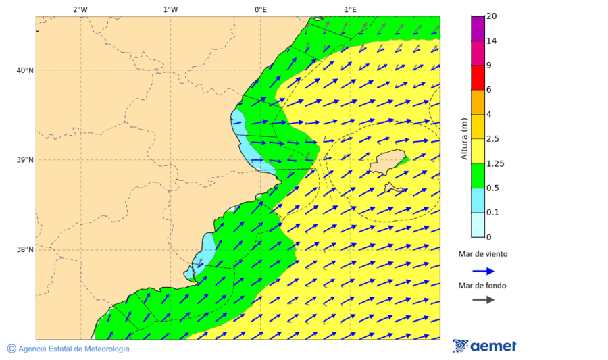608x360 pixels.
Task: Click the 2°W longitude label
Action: tap(80, 9)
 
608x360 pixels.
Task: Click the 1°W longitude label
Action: tap(170, 9)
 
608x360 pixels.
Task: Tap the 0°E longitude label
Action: tap(260, 9)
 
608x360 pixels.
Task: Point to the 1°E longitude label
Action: tap(350, 9)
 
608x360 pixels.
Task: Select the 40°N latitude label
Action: tap(24, 70)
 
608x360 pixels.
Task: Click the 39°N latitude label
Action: tap(24, 160)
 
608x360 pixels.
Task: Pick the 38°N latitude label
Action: tap(24, 250)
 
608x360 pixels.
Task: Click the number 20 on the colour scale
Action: tap(491, 17)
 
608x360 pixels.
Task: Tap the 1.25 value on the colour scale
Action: tap(495, 163)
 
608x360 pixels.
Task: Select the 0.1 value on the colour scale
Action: tap(492, 213)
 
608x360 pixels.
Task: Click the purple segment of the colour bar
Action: tap(478, 28)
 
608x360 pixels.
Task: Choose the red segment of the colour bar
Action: tap(478, 78)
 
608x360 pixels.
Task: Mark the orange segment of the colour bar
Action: tap(478, 102)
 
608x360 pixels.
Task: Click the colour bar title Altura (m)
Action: tap(464, 139)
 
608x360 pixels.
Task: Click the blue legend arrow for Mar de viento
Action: tap(483, 271)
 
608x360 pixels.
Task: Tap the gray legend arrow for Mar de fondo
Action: tap(483, 300)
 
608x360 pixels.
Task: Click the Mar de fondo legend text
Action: tap(482, 286)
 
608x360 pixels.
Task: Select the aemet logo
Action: tap(484, 346)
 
